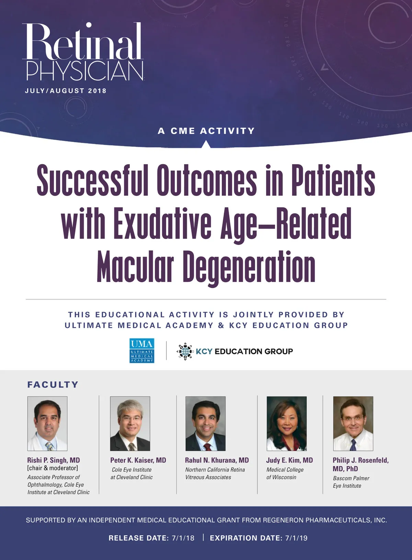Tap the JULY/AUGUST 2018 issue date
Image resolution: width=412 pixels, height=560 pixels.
(x=66, y=91)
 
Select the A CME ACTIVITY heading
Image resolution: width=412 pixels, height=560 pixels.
(x=206, y=131)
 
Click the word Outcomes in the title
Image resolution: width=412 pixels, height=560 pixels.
(x=207, y=180)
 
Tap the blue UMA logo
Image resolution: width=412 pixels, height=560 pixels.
(x=142, y=351)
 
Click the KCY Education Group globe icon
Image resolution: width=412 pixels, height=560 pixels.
(x=185, y=351)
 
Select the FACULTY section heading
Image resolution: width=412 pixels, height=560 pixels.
(x=53, y=385)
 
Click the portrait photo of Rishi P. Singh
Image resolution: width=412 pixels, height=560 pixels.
(x=47, y=423)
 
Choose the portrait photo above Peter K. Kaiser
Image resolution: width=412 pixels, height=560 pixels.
(x=130, y=423)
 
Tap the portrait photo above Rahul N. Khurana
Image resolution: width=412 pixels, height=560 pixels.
(x=206, y=423)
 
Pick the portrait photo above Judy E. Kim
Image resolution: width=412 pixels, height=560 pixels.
(x=287, y=423)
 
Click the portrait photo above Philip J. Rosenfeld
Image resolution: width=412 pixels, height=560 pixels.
(x=353, y=423)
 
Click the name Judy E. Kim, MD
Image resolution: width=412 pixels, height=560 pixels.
(x=289, y=460)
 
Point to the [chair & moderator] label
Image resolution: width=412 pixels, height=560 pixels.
(x=53, y=468)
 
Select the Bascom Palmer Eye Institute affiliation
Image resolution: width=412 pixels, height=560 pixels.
(x=351, y=482)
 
